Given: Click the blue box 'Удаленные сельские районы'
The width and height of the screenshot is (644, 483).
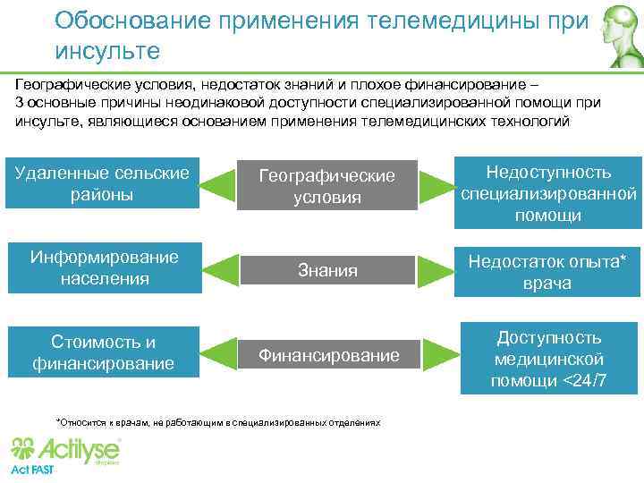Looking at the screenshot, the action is pos(103,183).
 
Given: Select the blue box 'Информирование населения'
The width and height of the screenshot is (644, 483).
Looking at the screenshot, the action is pos(103,267).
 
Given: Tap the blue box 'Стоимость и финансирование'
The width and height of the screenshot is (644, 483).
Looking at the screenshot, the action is pos(103,352).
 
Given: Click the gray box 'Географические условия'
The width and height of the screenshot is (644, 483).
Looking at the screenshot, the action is pos(326,186).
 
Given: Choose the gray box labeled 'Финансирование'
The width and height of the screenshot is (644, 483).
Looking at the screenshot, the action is pos(328,355).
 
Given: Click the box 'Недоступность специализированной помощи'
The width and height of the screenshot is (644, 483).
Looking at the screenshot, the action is pos(547,193).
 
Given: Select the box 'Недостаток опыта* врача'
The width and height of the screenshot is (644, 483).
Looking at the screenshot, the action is pos(547,272).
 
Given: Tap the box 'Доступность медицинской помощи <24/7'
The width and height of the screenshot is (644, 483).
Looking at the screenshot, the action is pos(549,359).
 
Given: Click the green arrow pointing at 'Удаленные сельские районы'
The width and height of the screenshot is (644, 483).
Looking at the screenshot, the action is pos(217,186).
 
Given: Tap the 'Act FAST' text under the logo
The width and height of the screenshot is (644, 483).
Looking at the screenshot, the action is pos(31,470).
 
